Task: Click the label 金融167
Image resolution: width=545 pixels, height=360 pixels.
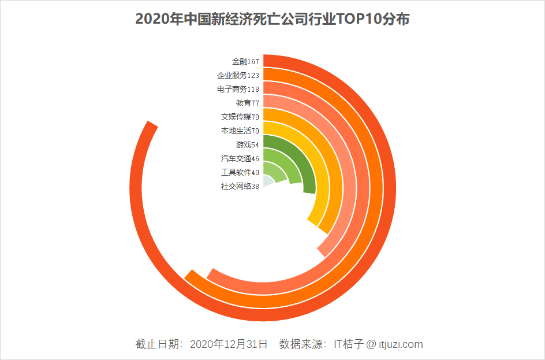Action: click(245, 61)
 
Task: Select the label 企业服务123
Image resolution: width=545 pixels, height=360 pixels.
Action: click(238, 75)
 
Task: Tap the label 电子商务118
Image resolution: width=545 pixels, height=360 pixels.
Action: click(238, 89)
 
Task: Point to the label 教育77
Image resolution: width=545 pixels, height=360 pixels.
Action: click(247, 103)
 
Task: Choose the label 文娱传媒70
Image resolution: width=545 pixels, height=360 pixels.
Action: click(240, 117)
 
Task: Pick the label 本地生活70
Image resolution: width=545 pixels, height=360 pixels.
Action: click(240, 131)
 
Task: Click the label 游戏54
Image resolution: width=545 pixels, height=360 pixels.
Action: click(247, 144)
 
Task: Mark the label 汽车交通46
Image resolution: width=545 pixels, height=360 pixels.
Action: click(240, 158)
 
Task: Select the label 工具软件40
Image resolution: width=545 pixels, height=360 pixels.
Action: click(240, 172)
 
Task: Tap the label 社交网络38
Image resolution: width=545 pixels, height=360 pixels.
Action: click(240, 186)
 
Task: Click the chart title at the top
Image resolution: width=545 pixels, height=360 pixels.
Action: click(272, 19)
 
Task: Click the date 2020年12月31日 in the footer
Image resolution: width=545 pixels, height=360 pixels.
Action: click(229, 344)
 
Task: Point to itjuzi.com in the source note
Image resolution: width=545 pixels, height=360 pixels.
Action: click(401, 344)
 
